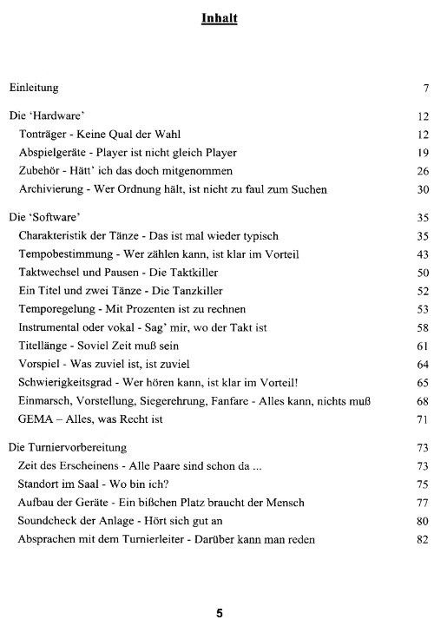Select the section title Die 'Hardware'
point(45,115)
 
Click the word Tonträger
point(43,134)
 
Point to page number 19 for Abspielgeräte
point(424,153)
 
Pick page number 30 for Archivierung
point(424,189)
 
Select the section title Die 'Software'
point(43,216)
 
